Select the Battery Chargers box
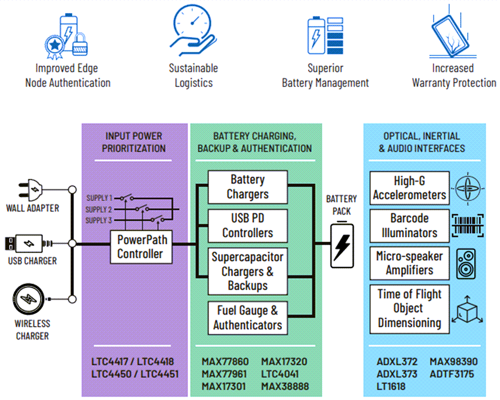[247, 187]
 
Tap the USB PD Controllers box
[247, 226]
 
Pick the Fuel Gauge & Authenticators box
[247, 318]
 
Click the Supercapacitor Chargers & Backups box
[247, 271]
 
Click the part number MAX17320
[284, 362]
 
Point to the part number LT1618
[391, 386]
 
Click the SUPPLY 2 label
[98, 209]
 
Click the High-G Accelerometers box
[409, 188]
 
